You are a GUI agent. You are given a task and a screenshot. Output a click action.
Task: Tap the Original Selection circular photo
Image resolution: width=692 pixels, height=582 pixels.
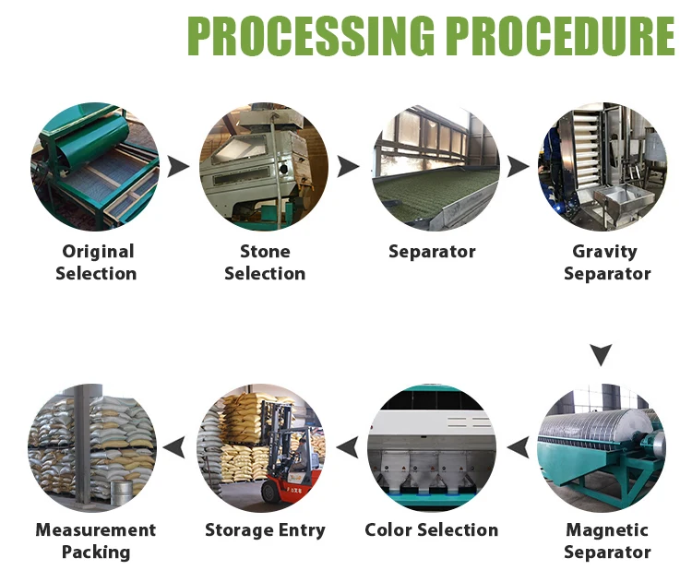tap(95, 167)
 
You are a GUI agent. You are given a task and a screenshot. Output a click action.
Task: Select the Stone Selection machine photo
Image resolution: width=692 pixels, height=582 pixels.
tap(264, 167)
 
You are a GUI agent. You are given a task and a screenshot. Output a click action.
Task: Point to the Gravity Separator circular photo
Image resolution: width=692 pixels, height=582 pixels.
tap(602, 167)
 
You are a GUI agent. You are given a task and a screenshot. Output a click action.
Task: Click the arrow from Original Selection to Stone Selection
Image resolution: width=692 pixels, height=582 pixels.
tap(179, 167)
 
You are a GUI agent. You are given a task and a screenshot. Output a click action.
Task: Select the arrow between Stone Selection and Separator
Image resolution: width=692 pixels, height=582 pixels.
tap(348, 167)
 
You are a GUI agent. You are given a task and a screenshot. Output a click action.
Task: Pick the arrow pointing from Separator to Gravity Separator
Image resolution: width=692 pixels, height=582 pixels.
tap(519, 167)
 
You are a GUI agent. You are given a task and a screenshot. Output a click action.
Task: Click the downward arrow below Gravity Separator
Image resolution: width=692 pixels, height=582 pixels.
tap(602, 354)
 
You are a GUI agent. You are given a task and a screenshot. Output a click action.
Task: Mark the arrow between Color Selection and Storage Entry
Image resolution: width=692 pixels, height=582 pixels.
tap(347, 448)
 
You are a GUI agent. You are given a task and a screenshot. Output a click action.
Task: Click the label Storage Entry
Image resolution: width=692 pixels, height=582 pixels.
tap(265, 530)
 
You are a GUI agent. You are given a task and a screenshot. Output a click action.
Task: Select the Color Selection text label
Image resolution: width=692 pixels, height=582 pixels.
tap(431, 530)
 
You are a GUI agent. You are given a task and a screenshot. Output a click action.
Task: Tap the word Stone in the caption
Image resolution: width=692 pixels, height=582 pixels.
tap(265, 252)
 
